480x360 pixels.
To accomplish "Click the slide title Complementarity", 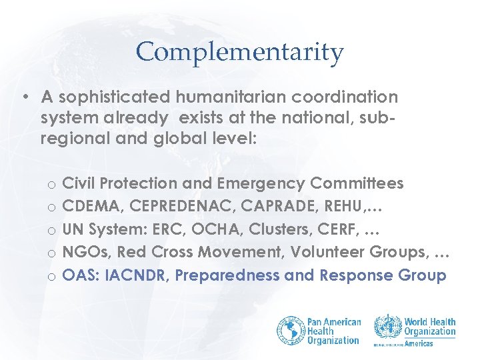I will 239,52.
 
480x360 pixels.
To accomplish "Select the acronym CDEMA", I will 89,206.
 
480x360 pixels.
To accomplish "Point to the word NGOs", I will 83,253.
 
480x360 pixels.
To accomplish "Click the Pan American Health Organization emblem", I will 291,330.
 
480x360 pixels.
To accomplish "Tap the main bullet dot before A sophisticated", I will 25,97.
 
